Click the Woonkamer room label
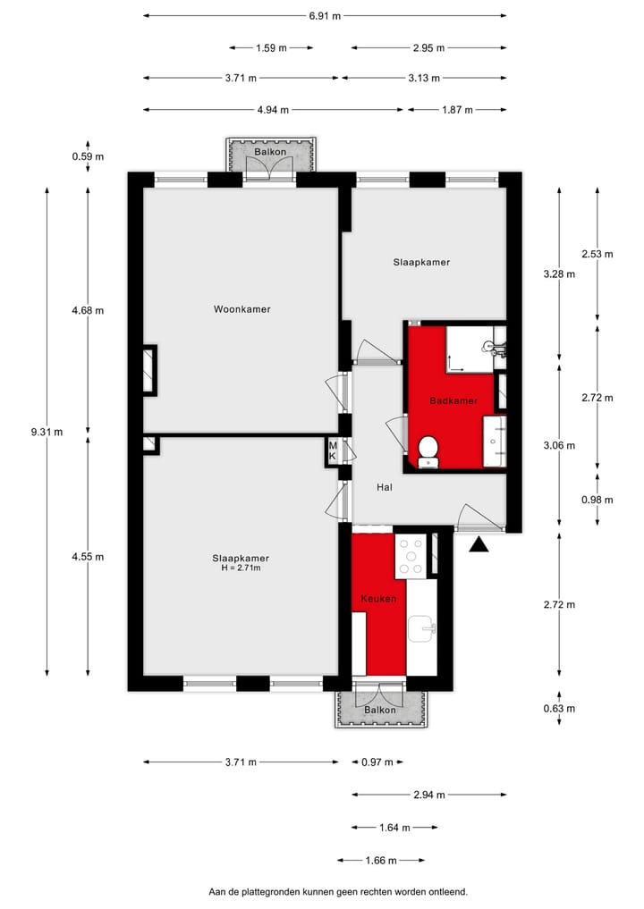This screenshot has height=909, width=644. (x=241, y=309)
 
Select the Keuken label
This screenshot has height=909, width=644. (x=377, y=599)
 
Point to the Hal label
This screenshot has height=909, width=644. (x=385, y=487)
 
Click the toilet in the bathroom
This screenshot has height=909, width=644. (x=428, y=450)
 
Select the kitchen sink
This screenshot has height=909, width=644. (x=421, y=629)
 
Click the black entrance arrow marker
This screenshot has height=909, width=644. (x=480, y=544)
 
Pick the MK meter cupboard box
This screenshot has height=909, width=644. (x=333, y=451)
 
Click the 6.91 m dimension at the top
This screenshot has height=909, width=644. (x=324, y=15)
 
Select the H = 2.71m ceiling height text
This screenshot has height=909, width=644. (x=241, y=568)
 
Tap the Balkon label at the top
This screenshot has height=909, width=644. (x=270, y=153)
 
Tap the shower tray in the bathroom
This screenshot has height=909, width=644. (x=469, y=349)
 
